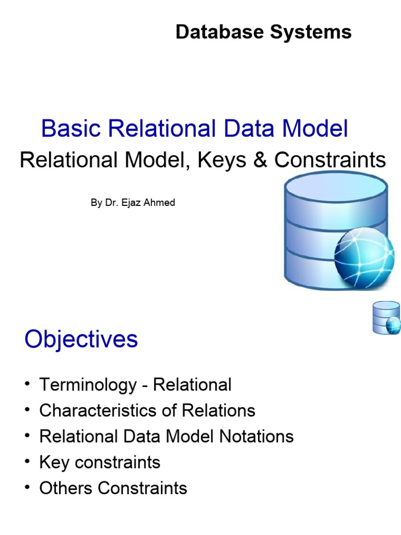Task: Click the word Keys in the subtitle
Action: (223, 160)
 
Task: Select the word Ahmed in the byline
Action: (161, 203)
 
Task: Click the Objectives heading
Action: (81, 340)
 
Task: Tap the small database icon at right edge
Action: (386, 318)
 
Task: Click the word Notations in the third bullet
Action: (255, 436)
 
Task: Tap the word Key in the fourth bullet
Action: (53, 462)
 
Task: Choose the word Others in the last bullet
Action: (66, 488)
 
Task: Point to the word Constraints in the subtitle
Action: (330, 160)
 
